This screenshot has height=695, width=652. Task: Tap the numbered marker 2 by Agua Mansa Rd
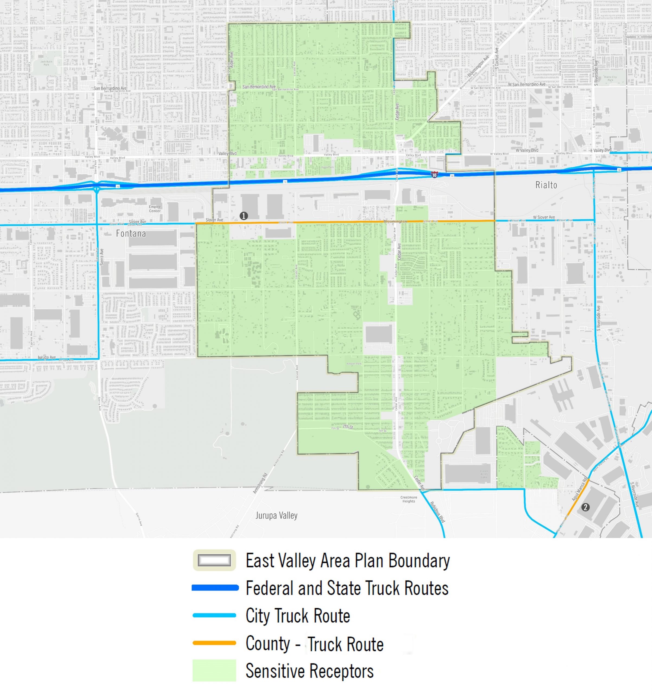(x=586, y=507)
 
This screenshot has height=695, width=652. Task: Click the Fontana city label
(x=131, y=233)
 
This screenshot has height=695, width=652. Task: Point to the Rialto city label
(x=546, y=185)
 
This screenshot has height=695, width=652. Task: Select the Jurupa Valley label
(x=276, y=515)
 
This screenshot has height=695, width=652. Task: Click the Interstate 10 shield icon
(x=434, y=175)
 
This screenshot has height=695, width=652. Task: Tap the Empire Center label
(x=155, y=209)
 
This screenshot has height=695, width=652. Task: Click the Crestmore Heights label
(x=409, y=499)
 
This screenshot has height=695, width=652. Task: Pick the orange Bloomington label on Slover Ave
(x=395, y=222)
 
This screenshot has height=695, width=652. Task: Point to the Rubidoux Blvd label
(x=437, y=512)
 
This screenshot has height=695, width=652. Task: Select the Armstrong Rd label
(x=261, y=483)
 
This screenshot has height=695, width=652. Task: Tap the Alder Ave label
(x=231, y=60)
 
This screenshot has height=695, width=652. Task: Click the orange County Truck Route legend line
(x=214, y=643)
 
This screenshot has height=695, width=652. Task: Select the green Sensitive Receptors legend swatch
(x=214, y=670)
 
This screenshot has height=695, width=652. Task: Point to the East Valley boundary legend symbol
(x=214, y=561)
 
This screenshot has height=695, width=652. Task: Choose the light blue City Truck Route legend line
(x=214, y=615)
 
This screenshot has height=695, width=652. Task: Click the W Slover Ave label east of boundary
(x=544, y=217)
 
